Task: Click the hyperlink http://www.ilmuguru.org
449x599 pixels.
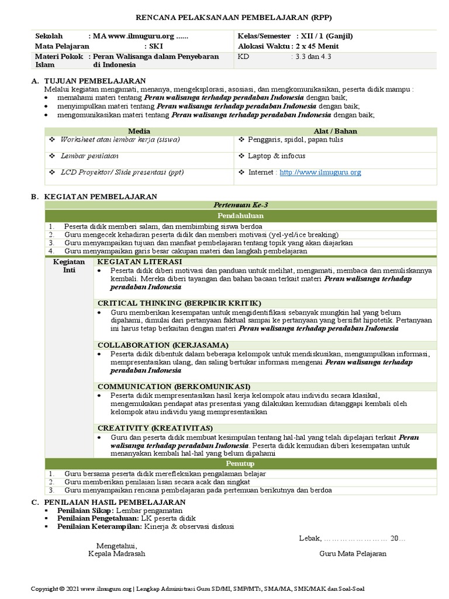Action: click(x=320, y=173)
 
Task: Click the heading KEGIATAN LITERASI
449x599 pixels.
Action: click(x=140, y=262)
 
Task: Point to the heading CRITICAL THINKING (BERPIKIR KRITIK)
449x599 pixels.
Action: click(x=179, y=304)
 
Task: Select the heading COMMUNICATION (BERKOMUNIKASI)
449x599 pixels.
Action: click(x=174, y=387)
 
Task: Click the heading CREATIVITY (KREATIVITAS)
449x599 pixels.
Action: click(x=155, y=428)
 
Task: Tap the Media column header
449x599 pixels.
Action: click(x=139, y=132)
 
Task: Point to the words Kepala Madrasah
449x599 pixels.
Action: click(x=116, y=553)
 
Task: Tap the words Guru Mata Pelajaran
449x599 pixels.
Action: click(x=353, y=553)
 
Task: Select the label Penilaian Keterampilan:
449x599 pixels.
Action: click(x=98, y=526)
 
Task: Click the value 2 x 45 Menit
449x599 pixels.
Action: click(x=317, y=46)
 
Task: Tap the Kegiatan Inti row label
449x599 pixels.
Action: click(x=69, y=266)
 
